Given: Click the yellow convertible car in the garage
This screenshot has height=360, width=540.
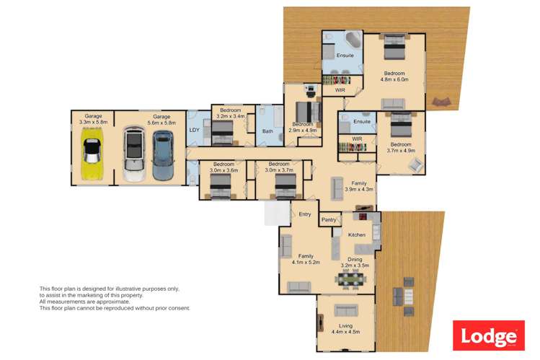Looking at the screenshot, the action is pos(92,154).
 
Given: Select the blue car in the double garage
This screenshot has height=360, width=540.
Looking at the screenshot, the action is pos(163,155).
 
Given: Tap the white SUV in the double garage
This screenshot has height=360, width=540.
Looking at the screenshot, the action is pos(134,154).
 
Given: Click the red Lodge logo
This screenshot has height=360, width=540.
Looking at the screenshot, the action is pos(489,335).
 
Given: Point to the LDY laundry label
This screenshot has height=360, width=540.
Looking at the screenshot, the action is pos(194,130).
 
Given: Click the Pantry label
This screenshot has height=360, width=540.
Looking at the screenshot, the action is pos(329,220).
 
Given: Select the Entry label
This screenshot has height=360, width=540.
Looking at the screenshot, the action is pos(305,214).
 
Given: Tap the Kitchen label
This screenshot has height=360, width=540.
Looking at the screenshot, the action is pos(356,234).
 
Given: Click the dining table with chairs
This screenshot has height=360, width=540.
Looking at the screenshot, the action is pos(350,279).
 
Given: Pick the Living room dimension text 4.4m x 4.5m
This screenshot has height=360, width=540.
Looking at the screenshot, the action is pos(345,332).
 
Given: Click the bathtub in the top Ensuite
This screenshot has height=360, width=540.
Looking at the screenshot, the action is pos(353,40).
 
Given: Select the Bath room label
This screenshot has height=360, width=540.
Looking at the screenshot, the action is pos(267,131).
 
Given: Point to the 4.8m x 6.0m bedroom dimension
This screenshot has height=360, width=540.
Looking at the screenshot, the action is pos(394,79).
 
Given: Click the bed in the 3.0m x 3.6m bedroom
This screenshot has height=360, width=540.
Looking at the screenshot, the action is pos(221,186).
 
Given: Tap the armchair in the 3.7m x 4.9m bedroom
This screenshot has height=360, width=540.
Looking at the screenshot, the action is pos(416,165).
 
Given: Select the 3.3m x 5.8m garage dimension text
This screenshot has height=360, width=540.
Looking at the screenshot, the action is pos(93,123).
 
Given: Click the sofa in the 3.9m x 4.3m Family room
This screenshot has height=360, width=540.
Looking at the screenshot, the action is pos(337,188).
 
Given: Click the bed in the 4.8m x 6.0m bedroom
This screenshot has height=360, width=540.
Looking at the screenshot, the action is pos(394,47).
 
